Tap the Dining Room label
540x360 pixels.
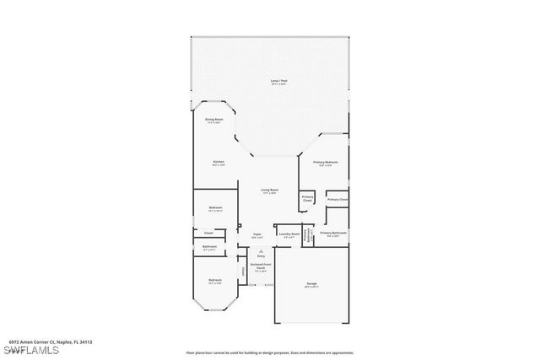[213, 120]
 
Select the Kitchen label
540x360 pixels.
[218, 162]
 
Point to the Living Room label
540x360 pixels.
[270, 191]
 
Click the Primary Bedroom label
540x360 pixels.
[325, 162]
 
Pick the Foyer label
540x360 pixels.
[257, 235]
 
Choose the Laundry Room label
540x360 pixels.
[289, 235]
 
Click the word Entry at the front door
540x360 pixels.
[261, 256]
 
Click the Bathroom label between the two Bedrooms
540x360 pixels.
[209, 247]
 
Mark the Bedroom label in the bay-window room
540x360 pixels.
[215, 280]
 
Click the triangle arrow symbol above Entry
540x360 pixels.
[261, 250]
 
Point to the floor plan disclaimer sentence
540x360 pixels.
[269, 352]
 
